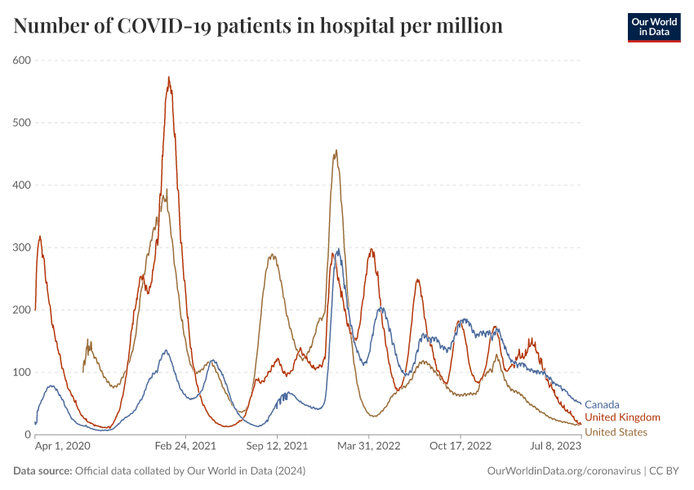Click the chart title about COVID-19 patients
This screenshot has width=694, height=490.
[x=258, y=26]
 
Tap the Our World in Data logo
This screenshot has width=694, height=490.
[x=653, y=27]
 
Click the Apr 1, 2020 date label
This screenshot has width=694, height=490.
[x=62, y=447]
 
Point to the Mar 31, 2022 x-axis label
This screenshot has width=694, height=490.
[x=369, y=447]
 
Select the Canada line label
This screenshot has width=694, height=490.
[x=602, y=404]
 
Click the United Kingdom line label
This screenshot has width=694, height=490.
[x=622, y=417]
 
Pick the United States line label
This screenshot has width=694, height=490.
[x=616, y=432]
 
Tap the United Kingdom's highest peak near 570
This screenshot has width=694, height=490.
[x=169, y=78]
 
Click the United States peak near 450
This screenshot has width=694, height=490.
[x=336, y=151]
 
